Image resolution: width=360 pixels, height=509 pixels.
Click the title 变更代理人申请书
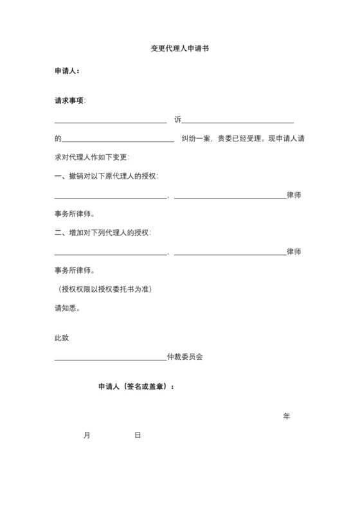click(x=180, y=49)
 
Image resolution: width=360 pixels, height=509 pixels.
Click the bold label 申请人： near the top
click(x=67, y=71)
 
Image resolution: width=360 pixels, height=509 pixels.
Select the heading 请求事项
click(x=69, y=101)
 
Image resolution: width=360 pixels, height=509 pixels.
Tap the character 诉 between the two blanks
click(x=178, y=120)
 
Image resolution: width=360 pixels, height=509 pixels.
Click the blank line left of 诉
click(x=111, y=121)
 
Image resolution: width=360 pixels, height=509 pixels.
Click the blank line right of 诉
click(x=239, y=121)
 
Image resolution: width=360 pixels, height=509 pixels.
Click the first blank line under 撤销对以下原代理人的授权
click(x=111, y=197)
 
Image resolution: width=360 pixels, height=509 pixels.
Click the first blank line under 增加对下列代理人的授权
click(x=111, y=254)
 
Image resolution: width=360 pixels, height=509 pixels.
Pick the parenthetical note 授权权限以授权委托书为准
click(x=105, y=289)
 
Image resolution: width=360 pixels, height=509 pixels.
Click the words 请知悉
click(x=67, y=307)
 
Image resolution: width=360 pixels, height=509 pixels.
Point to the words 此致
click(x=62, y=337)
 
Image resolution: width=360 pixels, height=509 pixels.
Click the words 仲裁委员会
click(x=184, y=356)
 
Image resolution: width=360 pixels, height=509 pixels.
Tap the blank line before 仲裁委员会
click(x=111, y=359)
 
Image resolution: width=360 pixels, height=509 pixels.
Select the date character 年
click(x=287, y=416)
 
